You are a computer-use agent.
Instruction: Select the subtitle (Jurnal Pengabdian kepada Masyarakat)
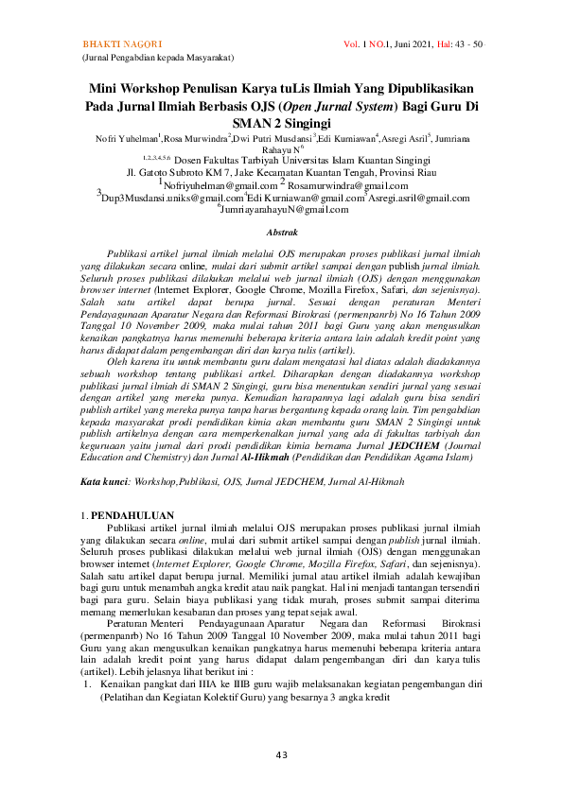[x=152, y=59]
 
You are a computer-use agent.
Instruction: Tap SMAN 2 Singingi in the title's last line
[x=282, y=123]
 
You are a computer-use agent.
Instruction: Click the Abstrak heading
[x=282, y=232]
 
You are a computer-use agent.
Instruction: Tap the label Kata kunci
[x=104, y=456]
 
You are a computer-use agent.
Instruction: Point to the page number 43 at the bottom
[x=282, y=754]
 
